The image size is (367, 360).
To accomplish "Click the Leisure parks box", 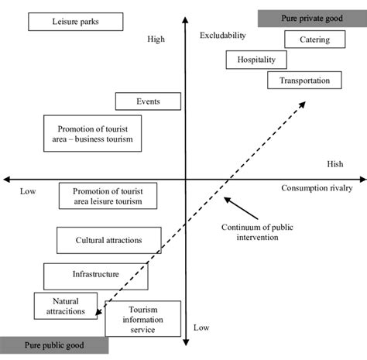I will pyautogui.click(x=74, y=22).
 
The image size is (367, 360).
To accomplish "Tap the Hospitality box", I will pyautogui.click(x=256, y=60).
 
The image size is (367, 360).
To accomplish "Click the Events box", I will pyautogui.click(x=148, y=101).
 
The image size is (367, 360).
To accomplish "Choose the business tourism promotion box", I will pyautogui.click(x=95, y=133).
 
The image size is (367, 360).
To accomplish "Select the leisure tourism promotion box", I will pyautogui.click(x=107, y=196).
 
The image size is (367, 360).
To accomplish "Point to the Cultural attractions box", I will pyautogui.click(x=109, y=240).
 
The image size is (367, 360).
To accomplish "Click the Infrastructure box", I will pyautogui.click(x=95, y=274).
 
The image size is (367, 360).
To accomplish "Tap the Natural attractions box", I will pyautogui.click(x=65, y=306).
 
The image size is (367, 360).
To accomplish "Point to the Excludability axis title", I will pyautogui.click(x=222, y=36).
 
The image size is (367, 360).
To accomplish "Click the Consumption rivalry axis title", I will pyautogui.click(x=317, y=188).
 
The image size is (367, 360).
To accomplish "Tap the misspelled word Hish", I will pyautogui.click(x=334, y=164).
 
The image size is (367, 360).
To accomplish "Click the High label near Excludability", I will pyautogui.click(x=156, y=39).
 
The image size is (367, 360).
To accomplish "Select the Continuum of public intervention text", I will pyautogui.click(x=249, y=231).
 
